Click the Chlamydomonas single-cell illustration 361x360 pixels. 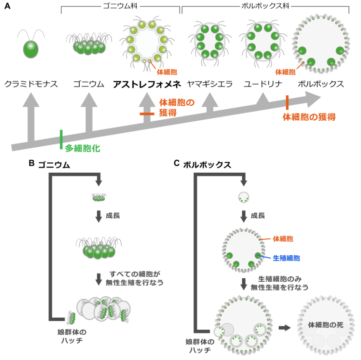(30, 48)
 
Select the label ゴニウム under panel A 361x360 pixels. (88, 84)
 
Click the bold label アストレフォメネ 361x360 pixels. (147, 84)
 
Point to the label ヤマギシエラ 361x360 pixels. (210, 84)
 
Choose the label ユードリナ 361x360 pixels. (263, 84)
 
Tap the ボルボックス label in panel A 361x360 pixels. (321, 84)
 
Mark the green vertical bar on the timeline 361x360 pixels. (62, 140)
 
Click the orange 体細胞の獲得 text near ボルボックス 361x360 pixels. (309, 117)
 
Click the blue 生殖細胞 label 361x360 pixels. (286, 257)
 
